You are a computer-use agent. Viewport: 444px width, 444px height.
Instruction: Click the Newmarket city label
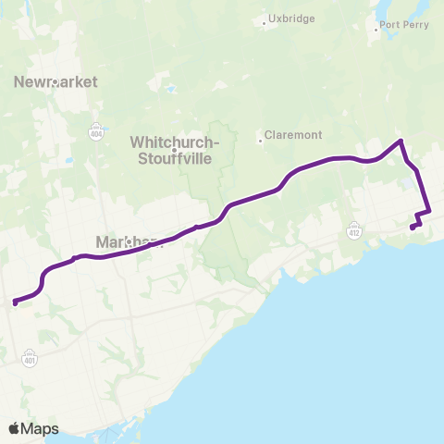pos(55,82)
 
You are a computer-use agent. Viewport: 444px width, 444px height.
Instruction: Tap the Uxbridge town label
pos(291,18)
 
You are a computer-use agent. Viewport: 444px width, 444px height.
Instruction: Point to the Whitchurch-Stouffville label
pos(174,149)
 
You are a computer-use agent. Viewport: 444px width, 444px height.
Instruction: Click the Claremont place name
pos(293,135)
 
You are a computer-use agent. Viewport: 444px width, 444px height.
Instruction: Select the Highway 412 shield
pos(355,227)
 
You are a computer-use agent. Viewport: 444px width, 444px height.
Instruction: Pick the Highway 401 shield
pos(30,354)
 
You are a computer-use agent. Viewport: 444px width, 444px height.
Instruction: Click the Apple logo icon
pos(15,428)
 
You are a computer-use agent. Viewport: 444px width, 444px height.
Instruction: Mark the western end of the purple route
pos(14,302)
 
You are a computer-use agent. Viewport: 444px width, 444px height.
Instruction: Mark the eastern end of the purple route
pos(412,228)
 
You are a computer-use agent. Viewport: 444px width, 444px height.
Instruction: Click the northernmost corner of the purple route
pos(400,141)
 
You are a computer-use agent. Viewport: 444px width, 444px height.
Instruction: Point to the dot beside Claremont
pos(260,142)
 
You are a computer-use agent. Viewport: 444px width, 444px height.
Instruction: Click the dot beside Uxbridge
pos(265,24)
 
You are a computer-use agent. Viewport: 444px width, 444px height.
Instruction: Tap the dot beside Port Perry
pos(376,31)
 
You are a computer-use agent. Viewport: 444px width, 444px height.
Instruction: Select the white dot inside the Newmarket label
pos(55,81)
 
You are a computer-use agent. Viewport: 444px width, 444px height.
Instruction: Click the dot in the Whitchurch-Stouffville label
pos(174,150)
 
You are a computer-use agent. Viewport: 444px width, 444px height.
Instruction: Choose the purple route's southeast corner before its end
pos(428,213)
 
